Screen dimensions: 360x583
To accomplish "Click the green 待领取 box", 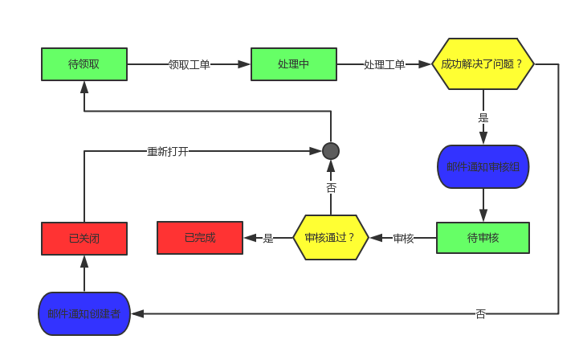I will point(84,64).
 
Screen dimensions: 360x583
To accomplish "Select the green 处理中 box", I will point(294,64).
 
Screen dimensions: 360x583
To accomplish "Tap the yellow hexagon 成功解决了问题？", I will point(483,64).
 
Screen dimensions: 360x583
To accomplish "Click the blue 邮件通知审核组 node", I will point(483,167).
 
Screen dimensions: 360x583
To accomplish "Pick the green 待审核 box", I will point(483,238).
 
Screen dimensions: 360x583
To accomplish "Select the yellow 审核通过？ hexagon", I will point(330,238).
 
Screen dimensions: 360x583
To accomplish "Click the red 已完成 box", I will point(200,238).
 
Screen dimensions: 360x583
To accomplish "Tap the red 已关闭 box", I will point(84,239).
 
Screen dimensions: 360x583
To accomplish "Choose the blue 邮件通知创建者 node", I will point(84,313).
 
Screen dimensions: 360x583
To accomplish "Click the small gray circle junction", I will point(331,151).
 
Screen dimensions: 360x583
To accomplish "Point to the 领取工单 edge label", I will point(190,64).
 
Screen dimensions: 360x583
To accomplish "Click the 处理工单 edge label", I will point(385,64).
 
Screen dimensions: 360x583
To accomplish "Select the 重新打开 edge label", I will point(168,151).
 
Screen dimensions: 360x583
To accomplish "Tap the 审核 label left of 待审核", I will point(403,238).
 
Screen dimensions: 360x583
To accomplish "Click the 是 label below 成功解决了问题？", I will point(483,117).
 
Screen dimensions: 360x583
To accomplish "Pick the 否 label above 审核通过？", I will point(331,187).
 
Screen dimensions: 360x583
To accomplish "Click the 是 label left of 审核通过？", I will point(268,238).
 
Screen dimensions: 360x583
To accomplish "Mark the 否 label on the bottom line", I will point(480,313).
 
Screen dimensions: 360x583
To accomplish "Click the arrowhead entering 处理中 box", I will point(245,64).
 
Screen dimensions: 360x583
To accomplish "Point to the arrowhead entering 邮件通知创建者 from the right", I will point(137,313).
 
